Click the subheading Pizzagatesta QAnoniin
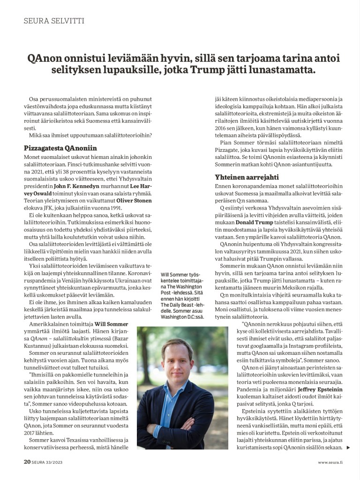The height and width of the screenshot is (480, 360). [60, 148]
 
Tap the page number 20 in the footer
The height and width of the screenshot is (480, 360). [27, 462]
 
